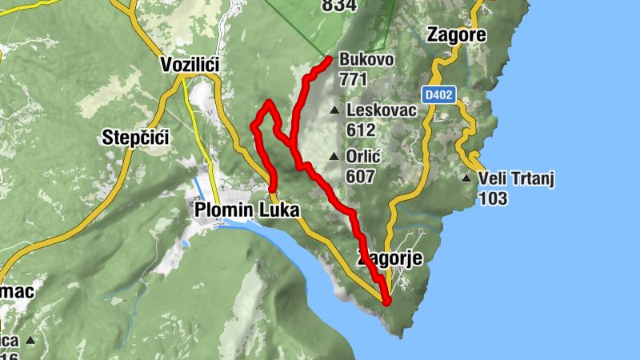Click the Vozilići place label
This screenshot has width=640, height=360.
pyautogui.click(x=190, y=64)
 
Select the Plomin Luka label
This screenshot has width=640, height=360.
pyautogui.click(x=247, y=210)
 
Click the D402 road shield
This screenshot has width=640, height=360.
pyautogui.click(x=439, y=95)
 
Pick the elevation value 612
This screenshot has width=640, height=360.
pyautogui.click(x=361, y=129)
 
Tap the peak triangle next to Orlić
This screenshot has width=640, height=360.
pyautogui.click(x=334, y=156)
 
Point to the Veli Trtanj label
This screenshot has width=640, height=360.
pyautogui.click(x=516, y=178)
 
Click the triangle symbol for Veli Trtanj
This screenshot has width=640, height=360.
pyautogui.click(x=466, y=178)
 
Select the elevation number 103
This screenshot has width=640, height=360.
pyautogui.click(x=493, y=198)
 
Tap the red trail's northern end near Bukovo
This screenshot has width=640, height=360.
pyautogui.click(x=329, y=60)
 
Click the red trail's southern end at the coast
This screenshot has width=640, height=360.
pyautogui.click(x=386, y=302)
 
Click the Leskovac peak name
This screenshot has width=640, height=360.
pyautogui.click(x=381, y=110)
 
